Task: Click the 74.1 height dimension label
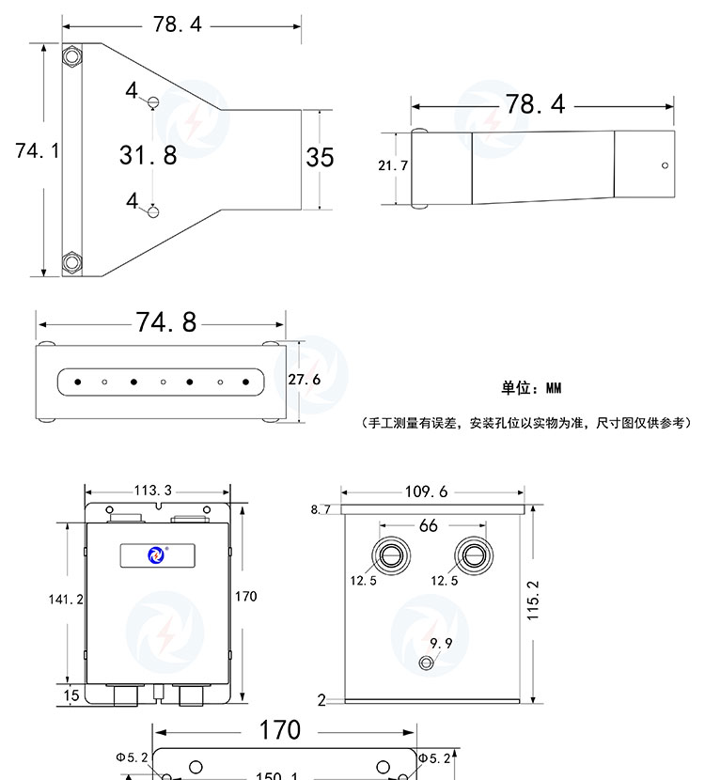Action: pyautogui.click(x=37, y=150)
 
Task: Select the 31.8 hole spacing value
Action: pyautogui.click(x=148, y=155)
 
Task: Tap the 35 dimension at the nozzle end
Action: pyautogui.click(x=320, y=157)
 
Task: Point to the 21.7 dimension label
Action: pyautogui.click(x=392, y=165)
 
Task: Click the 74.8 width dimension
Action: pyautogui.click(x=166, y=322)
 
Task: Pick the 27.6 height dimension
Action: pyautogui.click(x=304, y=380)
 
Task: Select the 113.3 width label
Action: pyautogui.click(x=158, y=490)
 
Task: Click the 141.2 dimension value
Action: pyautogui.click(x=66, y=599)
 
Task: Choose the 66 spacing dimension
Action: pyautogui.click(x=429, y=525)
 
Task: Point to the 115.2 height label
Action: pyautogui.click(x=534, y=599)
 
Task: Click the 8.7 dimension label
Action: pyautogui.click(x=321, y=510)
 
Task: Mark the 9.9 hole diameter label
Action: pyautogui.click(x=442, y=644)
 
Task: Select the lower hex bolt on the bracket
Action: pyautogui.click(x=71, y=262)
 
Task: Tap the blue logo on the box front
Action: pyautogui.click(x=156, y=556)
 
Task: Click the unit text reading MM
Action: pyautogui.click(x=553, y=388)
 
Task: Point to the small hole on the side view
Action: pyautogui.click(x=665, y=165)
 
